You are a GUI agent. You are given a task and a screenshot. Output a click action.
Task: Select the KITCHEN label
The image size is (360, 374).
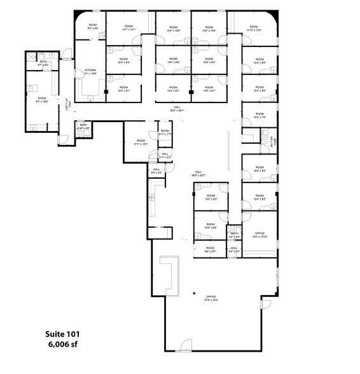coord(90,71)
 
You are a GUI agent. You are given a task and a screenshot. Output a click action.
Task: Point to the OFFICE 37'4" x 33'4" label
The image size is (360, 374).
coord(211,299)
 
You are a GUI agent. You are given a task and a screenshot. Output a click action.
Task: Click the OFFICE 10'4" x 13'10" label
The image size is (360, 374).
coord(259,235)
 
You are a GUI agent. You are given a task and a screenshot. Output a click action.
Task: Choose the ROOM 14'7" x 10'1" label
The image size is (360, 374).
coord(128,28)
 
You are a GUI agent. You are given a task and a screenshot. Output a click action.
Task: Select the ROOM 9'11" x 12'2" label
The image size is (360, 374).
coord(140,142)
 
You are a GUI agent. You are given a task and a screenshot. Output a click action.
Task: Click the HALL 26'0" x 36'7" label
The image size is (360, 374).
coord(198,174)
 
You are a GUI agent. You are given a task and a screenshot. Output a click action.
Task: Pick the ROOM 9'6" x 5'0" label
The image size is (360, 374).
coord(210,249)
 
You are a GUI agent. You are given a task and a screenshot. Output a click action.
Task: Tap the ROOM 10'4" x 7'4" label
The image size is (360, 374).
coord(259,117)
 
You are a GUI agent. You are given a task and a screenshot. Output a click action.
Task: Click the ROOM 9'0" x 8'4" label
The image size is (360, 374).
coord(91,27)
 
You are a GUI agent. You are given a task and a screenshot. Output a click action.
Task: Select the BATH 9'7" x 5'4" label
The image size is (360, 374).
coord(43,64)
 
